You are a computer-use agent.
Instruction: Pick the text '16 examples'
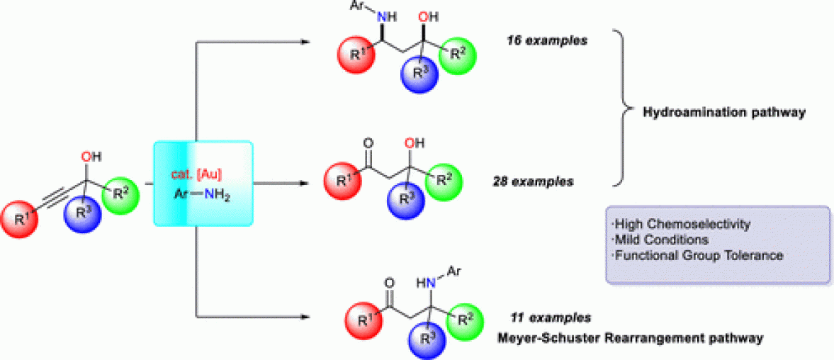(x=546, y=40)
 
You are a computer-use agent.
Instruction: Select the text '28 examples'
(x=533, y=181)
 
